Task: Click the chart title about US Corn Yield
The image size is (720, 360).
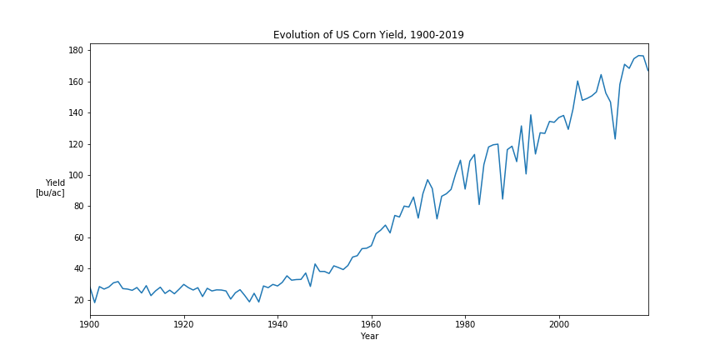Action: pyautogui.click(x=368, y=35)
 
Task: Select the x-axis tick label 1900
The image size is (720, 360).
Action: pyautogui.click(x=90, y=324)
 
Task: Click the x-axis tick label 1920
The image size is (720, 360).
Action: pyautogui.click(x=183, y=324)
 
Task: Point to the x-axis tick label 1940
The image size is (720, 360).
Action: pyautogui.click(x=277, y=324)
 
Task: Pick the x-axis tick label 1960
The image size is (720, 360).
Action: pyautogui.click(x=371, y=324)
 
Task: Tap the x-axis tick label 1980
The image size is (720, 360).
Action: pyautogui.click(x=465, y=324)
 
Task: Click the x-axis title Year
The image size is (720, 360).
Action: pyautogui.click(x=369, y=337)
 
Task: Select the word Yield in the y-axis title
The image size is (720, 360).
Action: pyautogui.click(x=55, y=182)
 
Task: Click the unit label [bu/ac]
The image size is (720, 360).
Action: pyautogui.click(x=50, y=192)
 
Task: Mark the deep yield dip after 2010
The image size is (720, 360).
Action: pyautogui.click(x=615, y=138)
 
